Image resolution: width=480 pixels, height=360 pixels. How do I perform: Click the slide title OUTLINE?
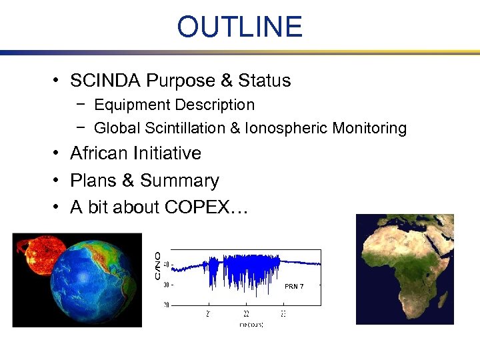[239, 27]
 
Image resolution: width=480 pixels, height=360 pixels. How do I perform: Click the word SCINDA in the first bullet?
[105, 81]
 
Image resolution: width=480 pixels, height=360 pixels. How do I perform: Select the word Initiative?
[170, 153]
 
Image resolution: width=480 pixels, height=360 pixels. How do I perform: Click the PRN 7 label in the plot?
[294, 286]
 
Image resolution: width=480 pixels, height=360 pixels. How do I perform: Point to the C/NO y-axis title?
[157, 265]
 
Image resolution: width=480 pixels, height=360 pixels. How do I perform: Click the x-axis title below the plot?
[251, 324]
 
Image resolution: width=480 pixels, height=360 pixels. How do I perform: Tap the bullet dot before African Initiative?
[59, 154]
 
